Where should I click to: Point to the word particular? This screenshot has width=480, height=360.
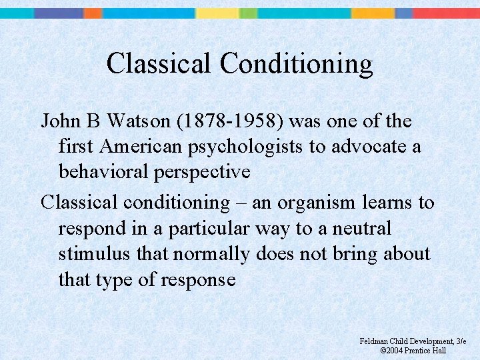tap(211, 228)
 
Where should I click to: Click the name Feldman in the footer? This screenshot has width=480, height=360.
tap(375, 341)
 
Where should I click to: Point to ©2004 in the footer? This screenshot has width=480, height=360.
tap(393, 351)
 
